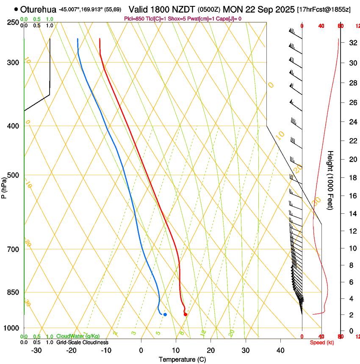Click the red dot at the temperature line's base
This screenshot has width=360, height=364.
186,314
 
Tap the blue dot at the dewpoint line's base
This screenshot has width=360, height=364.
165,314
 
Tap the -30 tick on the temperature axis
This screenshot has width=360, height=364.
36,350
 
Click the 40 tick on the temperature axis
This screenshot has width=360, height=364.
280,350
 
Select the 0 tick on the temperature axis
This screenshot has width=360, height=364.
141,350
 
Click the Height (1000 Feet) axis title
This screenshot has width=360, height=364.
331,180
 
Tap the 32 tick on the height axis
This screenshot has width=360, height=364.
352,43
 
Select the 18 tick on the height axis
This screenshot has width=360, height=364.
352,178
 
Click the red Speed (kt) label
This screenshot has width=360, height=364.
322,342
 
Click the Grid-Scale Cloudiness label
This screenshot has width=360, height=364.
82,342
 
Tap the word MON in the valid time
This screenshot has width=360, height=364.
232,9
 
